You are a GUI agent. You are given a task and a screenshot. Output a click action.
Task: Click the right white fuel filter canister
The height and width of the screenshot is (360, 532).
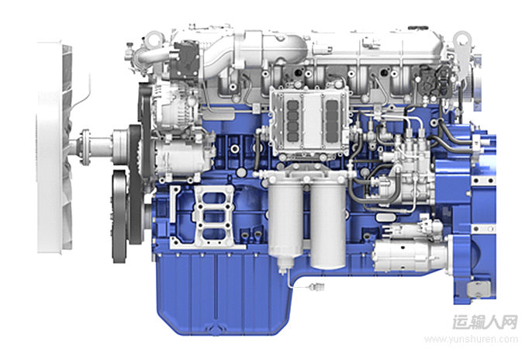pos(328,226)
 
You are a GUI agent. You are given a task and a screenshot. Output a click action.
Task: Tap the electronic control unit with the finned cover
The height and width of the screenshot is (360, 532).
pos(309,121)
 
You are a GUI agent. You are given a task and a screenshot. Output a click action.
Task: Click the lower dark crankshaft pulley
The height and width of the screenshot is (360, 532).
pos(119,216)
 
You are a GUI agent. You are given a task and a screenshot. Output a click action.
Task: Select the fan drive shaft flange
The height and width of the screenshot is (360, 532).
pos(85,147)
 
